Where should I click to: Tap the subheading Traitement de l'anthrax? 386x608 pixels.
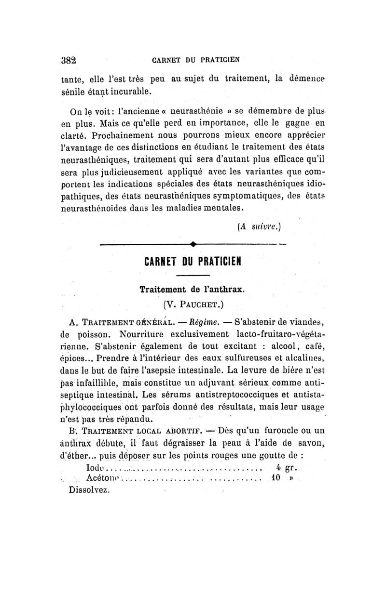193,290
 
